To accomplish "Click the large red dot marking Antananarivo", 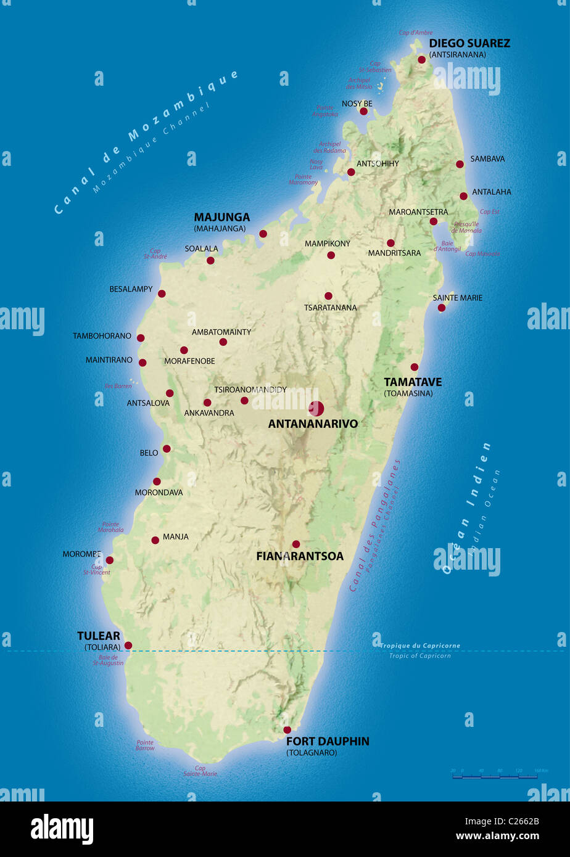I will pyautogui.click(x=316, y=408).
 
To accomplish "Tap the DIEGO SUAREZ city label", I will pyautogui.click(x=469, y=44).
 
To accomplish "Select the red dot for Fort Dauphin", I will pyautogui.click(x=287, y=730).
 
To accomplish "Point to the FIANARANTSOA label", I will pyautogui.click(x=300, y=556).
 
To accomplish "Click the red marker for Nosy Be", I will pyautogui.click(x=363, y=111).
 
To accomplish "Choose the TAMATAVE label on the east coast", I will pyautogui.click(x=413, y=382).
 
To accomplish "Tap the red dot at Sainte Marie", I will pyautogui.click(x=442, y=308).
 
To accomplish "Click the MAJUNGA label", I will pyautogui.click(x=222, y=217).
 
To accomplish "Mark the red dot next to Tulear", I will pyautogui.click(x=128, y=646).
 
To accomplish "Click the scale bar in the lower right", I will pyautogui.click(x=495, y=777).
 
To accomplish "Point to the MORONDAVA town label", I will pyautogui.click(x=159, y=493).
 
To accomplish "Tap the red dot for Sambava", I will pyautogui.click(x=460, y=164).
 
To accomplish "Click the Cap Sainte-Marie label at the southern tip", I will pyautogui.click(x=200, y=771).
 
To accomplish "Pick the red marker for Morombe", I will pyautogui.click(x=110, y=560).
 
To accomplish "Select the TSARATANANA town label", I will pyautogui.click(x=330, y=308).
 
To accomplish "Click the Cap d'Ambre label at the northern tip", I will pyautogui.click(x=416, y=33).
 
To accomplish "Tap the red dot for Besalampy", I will pyautogui.click(x=162, y=294).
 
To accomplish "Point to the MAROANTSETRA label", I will pyautogui.click(x=418, y=212).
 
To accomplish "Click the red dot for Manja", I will pyautogui.click(x=155, y=540).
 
